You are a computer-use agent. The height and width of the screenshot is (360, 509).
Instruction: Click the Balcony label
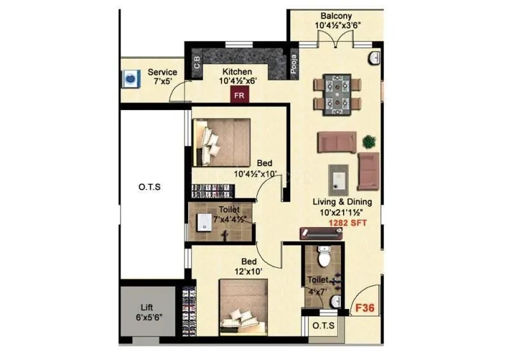point(336,16)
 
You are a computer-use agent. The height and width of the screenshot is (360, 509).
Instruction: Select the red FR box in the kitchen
point(240,95)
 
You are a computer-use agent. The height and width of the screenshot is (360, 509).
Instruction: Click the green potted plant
point(368,141)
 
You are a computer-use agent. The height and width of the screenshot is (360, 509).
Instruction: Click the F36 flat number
point(365,308)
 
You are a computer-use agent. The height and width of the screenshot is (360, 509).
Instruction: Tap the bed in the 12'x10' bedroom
point(244,308)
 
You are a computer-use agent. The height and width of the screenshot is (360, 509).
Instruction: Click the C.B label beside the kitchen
point(197,64)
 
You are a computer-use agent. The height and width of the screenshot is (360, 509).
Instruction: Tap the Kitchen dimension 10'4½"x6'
point(237,81)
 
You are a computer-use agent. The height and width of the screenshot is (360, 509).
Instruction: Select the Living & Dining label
point(342,202)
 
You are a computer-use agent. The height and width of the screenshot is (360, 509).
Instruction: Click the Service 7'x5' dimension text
point(161,82)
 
